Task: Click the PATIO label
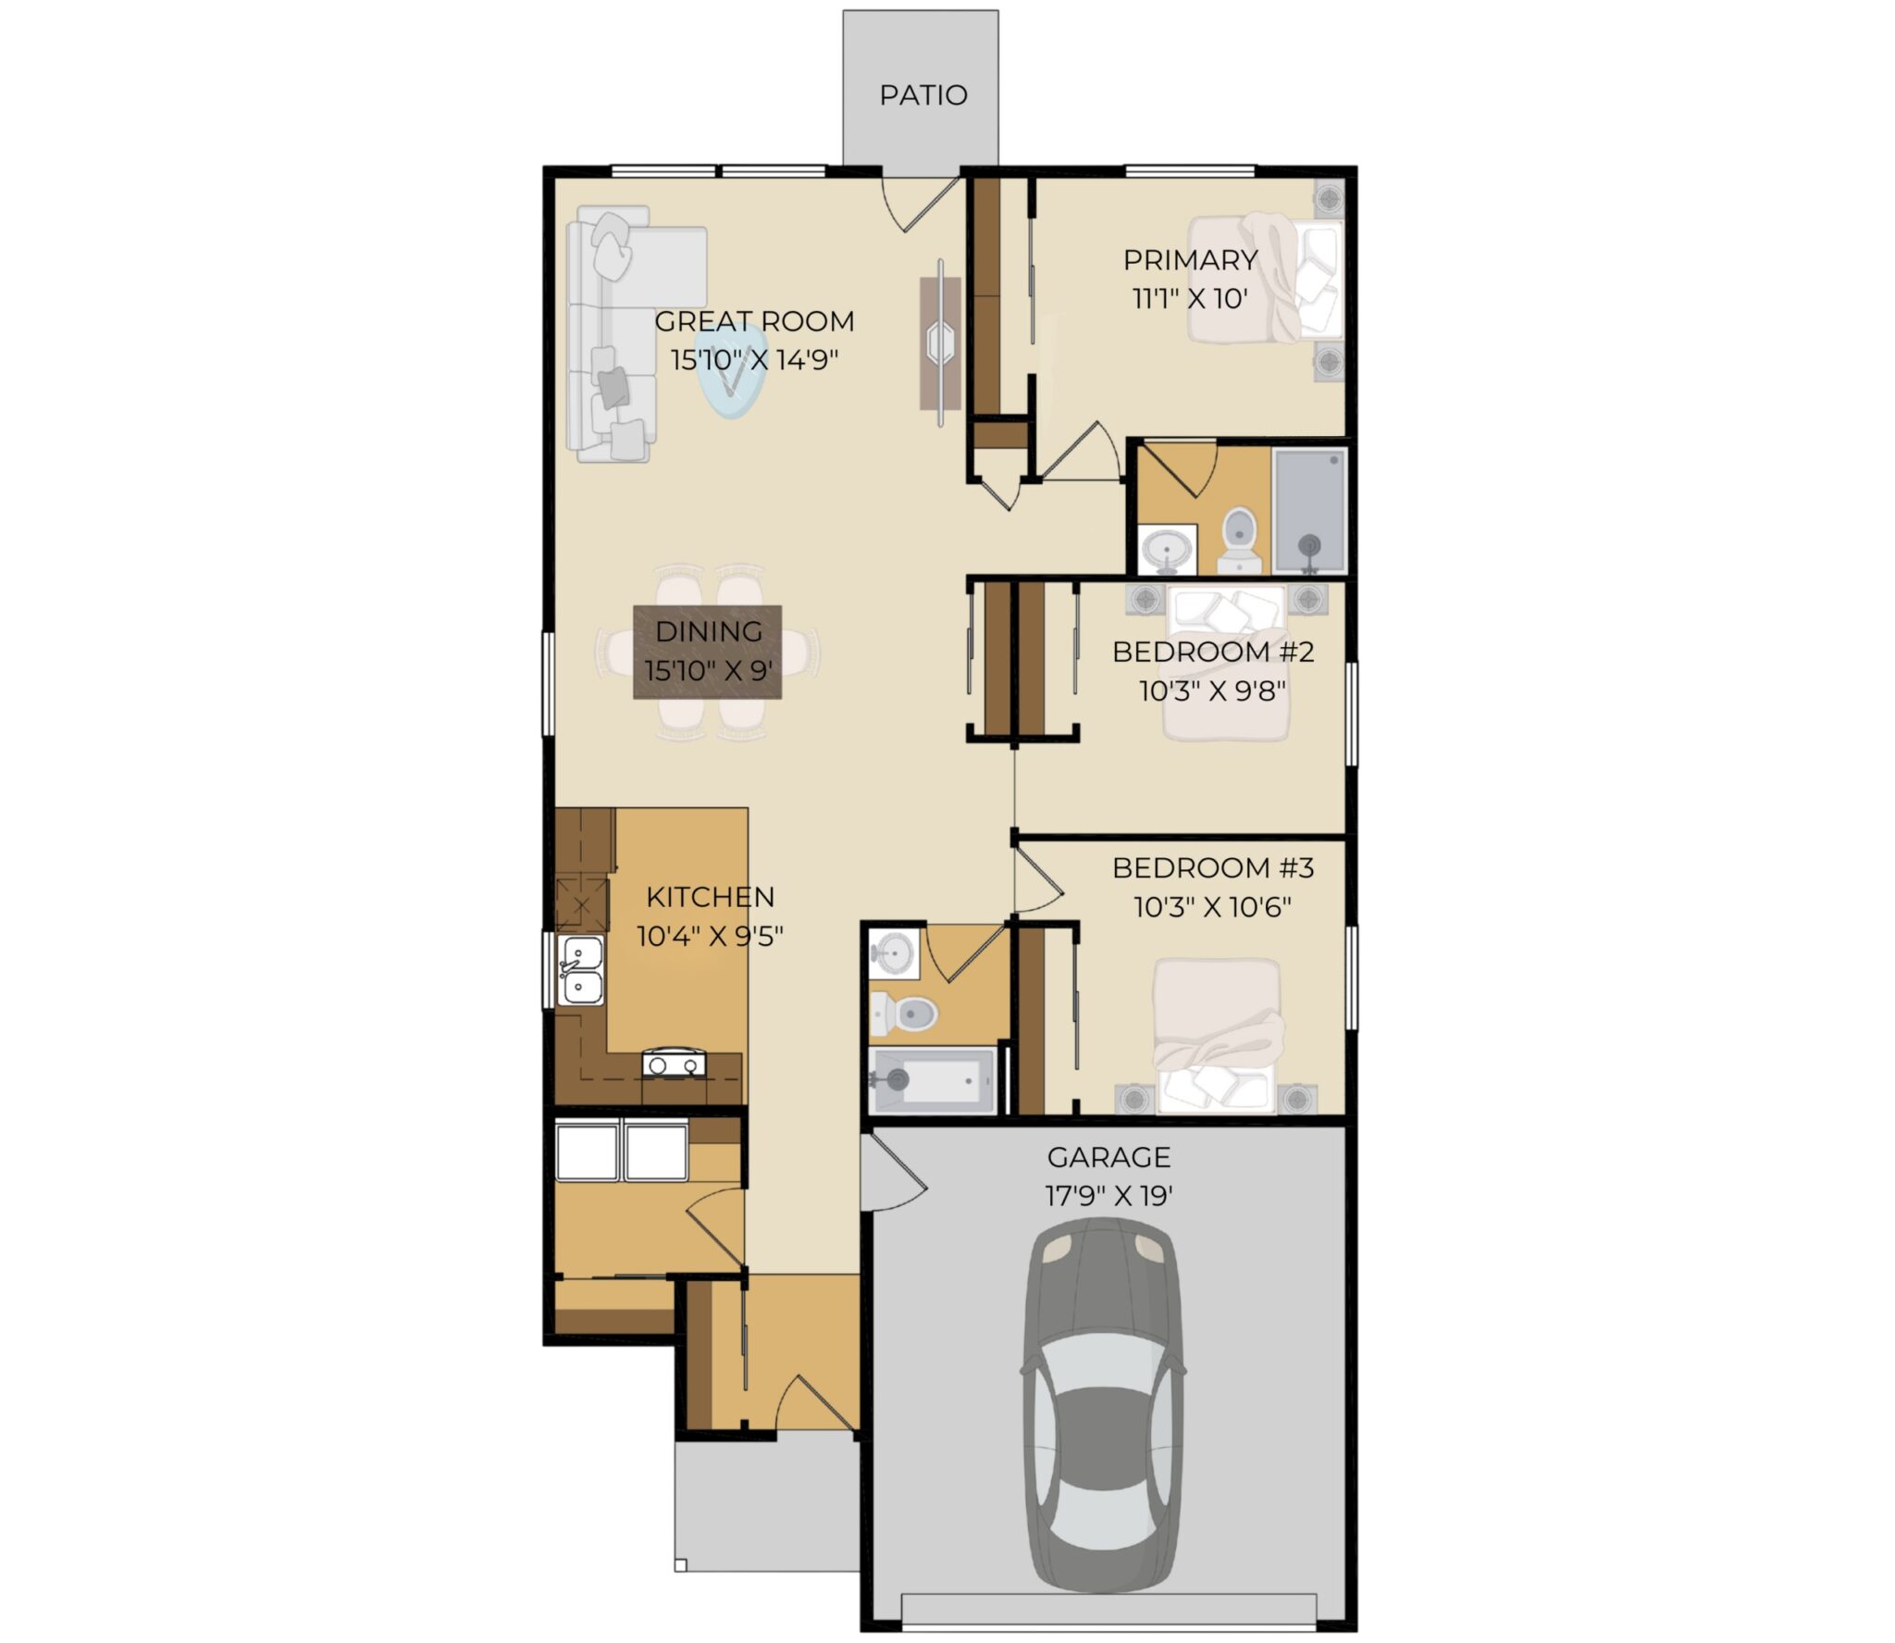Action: (x=923, y=95)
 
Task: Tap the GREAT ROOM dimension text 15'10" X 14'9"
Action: (x=754, y=359)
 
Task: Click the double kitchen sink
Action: (x=581, y=969)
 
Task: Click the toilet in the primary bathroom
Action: (x=1238, y=543)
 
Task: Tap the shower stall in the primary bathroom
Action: (x=1309, y=510)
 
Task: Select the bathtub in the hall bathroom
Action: (x=932, y=1079)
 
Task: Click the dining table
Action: (x=707, y=652)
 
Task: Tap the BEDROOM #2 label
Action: (x=1213, y=652)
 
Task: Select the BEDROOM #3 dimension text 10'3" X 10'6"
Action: (x=1213, y=907)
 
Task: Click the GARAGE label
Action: (x=1109, y=1157)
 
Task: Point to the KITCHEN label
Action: (x=710, y=897)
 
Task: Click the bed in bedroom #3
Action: (x=1218, y=1035)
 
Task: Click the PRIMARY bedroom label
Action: (x=1190, y=260)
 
